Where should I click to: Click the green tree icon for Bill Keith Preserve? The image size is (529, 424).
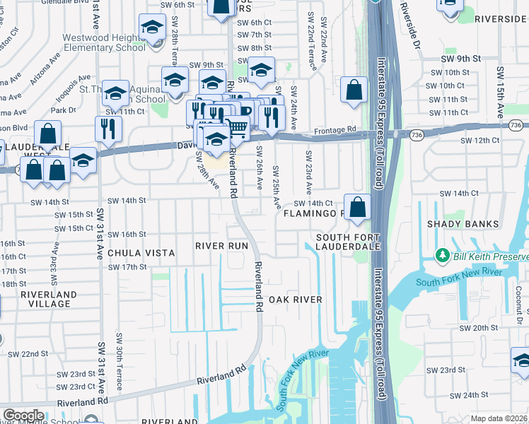coord(443,254)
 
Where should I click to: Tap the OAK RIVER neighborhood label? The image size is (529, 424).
coord(295,300)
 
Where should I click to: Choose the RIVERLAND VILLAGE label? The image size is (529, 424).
coord(45,299)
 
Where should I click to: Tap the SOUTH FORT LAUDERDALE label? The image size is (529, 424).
coord(348,242)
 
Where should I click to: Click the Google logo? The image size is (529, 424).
coord(23,415)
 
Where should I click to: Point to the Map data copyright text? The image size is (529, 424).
coord(499,418)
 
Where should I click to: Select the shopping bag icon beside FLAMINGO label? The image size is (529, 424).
coord(358,207)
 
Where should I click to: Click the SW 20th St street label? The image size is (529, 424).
coord(475,328)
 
